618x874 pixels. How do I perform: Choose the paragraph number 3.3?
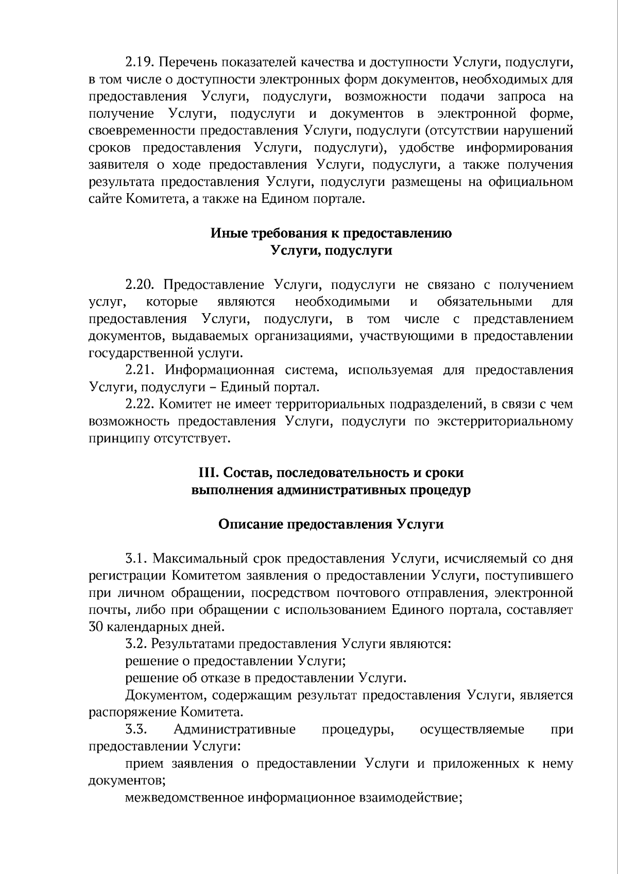coord(136,729)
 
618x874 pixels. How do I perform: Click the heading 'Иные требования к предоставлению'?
coord(331,233)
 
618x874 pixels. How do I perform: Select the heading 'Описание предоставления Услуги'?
coord(331,524)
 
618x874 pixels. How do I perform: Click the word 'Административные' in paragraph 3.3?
coord(234,729)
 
